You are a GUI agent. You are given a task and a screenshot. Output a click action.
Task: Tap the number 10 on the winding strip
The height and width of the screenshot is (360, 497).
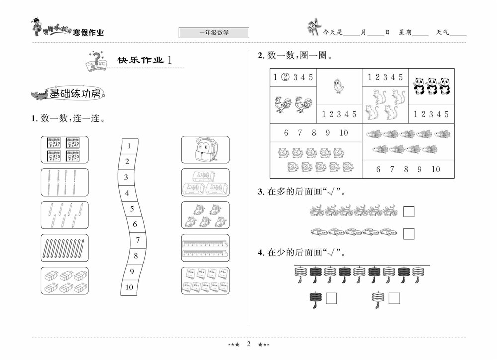(x=129, y=287)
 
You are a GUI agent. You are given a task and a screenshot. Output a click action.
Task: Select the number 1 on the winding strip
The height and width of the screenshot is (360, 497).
(x=129, y=146)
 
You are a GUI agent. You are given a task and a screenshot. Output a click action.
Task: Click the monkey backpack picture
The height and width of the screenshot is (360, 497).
(x=205, y=149)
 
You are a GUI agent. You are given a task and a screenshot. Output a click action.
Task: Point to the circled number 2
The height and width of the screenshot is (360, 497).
(x=285, y=77)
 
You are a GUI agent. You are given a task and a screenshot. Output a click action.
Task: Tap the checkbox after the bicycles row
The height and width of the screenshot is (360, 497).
(x=409, y=212)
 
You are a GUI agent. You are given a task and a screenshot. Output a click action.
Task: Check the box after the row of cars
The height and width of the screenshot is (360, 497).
(x=409, y=233)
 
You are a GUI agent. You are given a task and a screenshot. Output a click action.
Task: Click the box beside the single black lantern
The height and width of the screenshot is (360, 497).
(x=331, y=298)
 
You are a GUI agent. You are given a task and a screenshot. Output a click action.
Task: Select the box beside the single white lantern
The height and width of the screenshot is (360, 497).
(x=394, y=298)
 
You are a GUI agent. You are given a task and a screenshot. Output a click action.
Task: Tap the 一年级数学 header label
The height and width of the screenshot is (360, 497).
(x=214, y=33)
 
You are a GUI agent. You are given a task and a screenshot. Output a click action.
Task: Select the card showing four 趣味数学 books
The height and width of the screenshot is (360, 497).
(x=65, y=149)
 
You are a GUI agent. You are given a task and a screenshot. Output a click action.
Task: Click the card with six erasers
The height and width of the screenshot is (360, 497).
(x=65, y=281)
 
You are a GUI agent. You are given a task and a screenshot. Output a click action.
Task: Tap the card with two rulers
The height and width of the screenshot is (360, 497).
(x=205, y=248)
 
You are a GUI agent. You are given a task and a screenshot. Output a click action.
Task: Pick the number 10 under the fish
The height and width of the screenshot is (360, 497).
(x=435, y=169)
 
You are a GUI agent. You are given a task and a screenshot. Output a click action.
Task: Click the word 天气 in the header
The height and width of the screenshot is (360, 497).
(x=442, y=32)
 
